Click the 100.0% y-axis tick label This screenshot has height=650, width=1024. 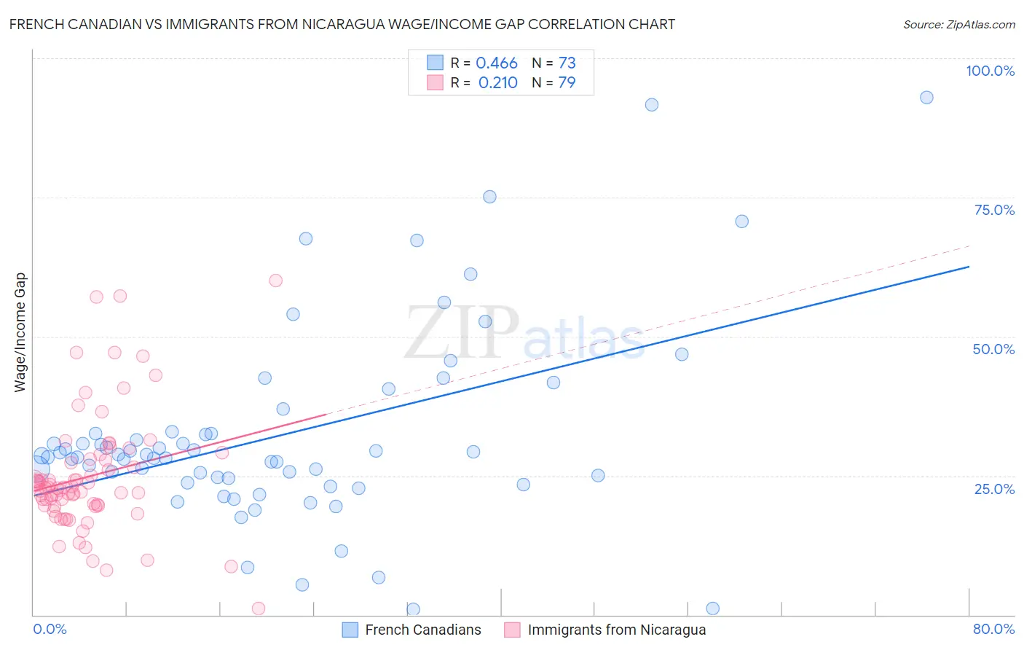point(990,71)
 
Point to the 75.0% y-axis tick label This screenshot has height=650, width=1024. point(993,210)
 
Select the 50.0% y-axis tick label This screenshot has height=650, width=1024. point(993,349)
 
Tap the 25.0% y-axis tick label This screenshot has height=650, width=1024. point(993,489)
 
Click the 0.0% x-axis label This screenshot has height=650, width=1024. point(50,629)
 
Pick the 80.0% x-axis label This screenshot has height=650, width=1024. point(993,629)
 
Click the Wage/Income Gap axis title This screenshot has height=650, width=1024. point(20,332)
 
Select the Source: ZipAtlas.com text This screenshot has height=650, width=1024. point(958,24)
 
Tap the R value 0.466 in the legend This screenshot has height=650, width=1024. point(496,63)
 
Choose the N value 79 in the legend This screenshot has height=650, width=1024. point(567,83)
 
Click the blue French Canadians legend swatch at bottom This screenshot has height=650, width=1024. point(350,630)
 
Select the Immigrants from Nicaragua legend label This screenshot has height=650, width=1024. point(616,630)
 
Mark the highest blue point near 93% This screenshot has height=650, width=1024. point(926,98)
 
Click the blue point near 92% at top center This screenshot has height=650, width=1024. point(652,105)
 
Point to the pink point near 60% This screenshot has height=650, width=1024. point(275,281)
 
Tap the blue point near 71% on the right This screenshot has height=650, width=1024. point(741,222)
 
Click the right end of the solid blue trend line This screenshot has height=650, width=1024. point(969,267)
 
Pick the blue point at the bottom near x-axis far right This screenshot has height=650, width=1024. point(713,608)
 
